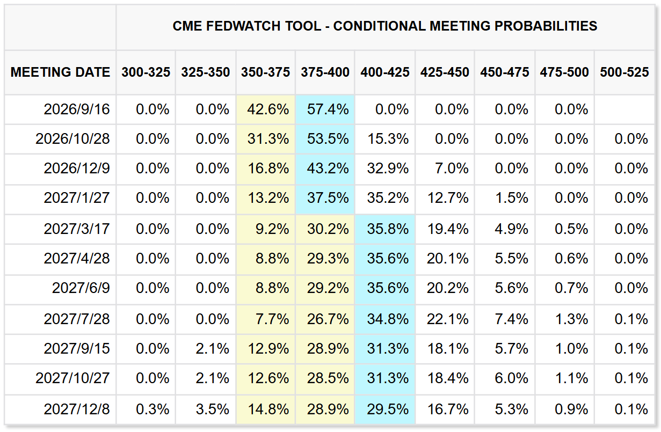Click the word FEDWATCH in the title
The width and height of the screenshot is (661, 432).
coord(243,26)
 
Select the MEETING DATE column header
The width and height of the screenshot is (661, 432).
coord(60,72)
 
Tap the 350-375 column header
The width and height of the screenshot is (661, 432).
coord(266,72)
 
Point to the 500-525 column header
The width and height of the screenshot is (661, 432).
coord(624,72)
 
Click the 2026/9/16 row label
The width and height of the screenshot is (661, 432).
coord(77,109)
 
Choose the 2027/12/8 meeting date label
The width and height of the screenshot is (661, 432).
coord(77,409)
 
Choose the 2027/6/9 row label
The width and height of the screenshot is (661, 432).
coord(81,288)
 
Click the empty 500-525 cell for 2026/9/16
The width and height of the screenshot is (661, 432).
coord(624,109)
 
